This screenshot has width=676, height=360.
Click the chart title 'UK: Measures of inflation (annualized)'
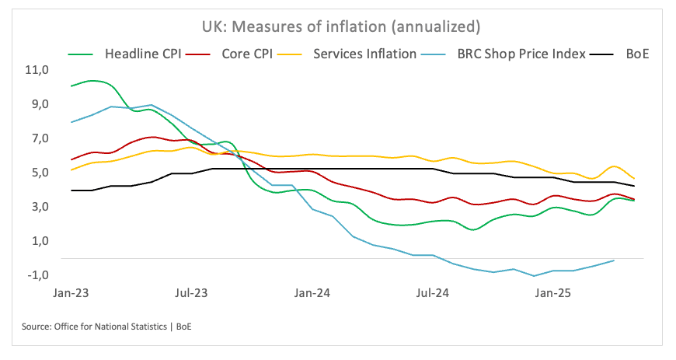(338, 26)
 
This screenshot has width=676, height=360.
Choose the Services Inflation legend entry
(364, 54)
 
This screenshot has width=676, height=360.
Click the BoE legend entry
(629, 54)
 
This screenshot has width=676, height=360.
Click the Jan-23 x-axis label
(71, 294)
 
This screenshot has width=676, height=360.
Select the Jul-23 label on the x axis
(191, 294)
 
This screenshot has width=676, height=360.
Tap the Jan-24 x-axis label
(312, 294)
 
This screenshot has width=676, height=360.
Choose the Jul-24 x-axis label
(432, 294)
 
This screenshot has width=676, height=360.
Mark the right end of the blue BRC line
(615, 260)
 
